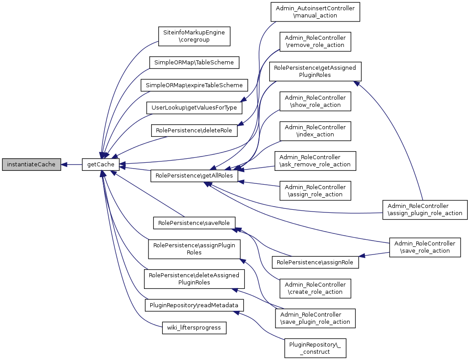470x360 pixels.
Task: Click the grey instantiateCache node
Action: pyautogui.click(x=31, y=165)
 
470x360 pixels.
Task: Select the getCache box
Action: pyautogui.click(x=101, y=165)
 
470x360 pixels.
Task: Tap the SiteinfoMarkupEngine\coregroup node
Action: pyautogui.click(x=194, y=36)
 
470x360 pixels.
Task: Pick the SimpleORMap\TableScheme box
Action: pyautogui.click(x=194, y=63)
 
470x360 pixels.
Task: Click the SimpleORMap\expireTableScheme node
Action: pyautogui.click(x=194, y=85)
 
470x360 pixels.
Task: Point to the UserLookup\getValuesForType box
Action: pyautogui.click(x=195, y=108)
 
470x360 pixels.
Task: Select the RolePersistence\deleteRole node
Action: pyautogui.click(x=194, y=131)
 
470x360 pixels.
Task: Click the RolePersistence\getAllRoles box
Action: pyautogui.click(x=194, y=176)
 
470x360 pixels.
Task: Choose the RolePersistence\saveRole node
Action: pyautogui.click(x=194, y=223)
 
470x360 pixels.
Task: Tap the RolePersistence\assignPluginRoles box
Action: pyautogui.click(x=194, y=249)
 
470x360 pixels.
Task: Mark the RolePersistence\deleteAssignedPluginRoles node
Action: pyautogui.click(x=194, y=279)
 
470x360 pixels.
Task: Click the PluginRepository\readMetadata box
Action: pyautogui.click(x=194, y=305)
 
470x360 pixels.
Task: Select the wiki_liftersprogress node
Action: pyautogui.click(x=194, y=328)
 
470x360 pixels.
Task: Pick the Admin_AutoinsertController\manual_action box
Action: pyautogui.click(x=315, y=12)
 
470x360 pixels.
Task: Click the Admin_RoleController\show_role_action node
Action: pyautogui.click(x=315, y=102)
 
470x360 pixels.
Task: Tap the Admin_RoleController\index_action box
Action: pyautogui.click(x=315, y=131)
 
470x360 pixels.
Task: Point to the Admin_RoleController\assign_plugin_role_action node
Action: pyautogui.click(x=425, y=209)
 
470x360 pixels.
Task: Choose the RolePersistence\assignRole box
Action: pyautogui.click(x=316, y=262)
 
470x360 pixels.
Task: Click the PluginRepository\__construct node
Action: pyautogui.click(x=316, y=348)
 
